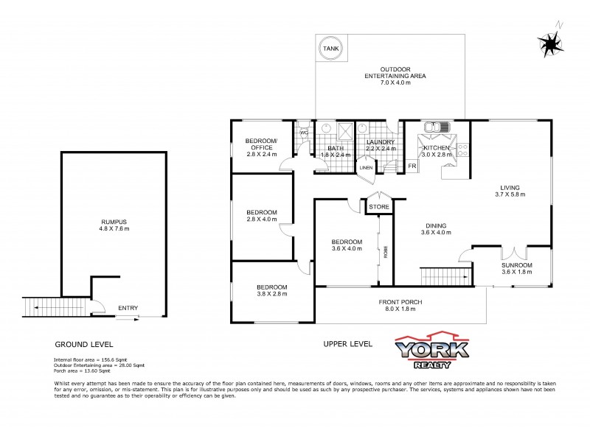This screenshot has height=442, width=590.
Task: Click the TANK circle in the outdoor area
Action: (x=330, y=49)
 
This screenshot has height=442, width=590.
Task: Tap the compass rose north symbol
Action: (x=549, y=43)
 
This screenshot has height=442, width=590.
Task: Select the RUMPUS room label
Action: (x=115, y=222)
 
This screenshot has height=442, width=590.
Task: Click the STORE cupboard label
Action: (x=379, y=207)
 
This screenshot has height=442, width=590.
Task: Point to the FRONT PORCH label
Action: (x=400, y=301)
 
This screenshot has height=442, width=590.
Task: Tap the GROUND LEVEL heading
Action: (x=84, y=344)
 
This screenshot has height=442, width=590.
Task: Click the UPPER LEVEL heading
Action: (x=347, y=343)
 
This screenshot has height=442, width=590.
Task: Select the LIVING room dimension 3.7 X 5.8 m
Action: (x=510, y=195)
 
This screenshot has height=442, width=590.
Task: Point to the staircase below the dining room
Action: (x=444, y=277)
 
